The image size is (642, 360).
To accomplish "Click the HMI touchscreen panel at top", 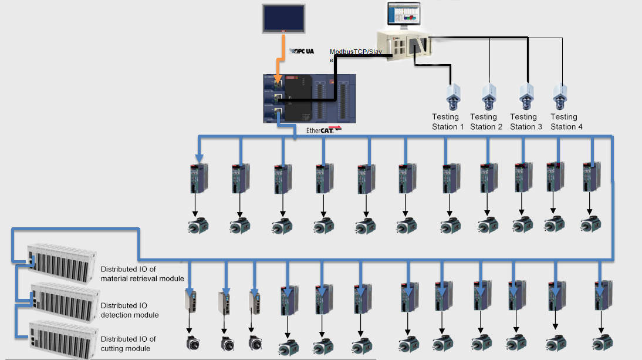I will click(283, 18).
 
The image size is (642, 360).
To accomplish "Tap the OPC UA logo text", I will click(302, 52).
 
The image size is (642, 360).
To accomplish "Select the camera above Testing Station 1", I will click(453, 96).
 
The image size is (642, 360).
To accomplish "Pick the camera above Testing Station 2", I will click(489, 96).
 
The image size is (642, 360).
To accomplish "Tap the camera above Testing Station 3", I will click(526, 96).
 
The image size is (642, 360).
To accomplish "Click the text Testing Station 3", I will click(522, 122).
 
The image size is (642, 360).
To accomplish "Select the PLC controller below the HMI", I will click(310, 97).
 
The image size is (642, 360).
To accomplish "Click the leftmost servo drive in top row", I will click(197, 178).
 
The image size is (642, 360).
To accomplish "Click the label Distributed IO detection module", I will click(130, 310).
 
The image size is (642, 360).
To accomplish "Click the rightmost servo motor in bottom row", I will click(600, 343).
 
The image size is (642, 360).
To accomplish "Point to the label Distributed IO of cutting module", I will click(129, 344).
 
